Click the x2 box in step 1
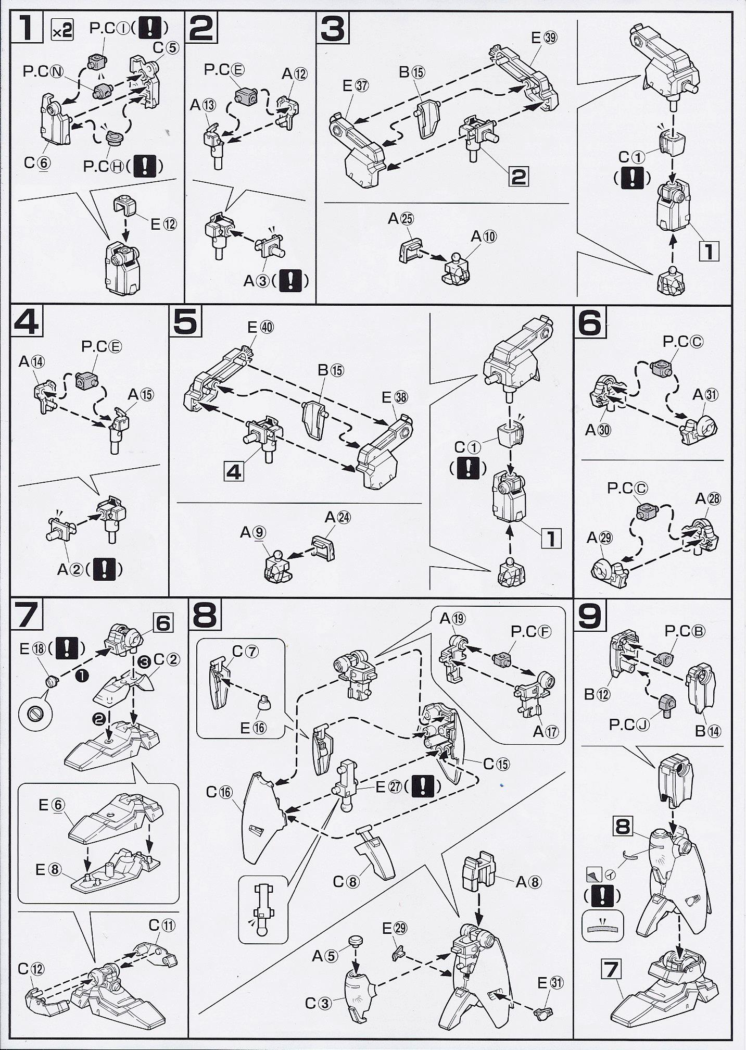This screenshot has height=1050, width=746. tap(61, 32)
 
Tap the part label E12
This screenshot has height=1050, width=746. tap(163, 224)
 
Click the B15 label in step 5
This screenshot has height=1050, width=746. tap(331, 370)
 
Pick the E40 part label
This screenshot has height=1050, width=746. tap(260, 327)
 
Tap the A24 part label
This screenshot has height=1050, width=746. tap(337, 517)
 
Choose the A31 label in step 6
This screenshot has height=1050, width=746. tap(705, 395)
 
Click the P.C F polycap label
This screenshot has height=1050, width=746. tap(530, 632)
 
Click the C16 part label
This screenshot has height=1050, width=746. tap(219, 792)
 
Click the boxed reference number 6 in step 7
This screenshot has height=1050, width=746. tap(163, 622)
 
